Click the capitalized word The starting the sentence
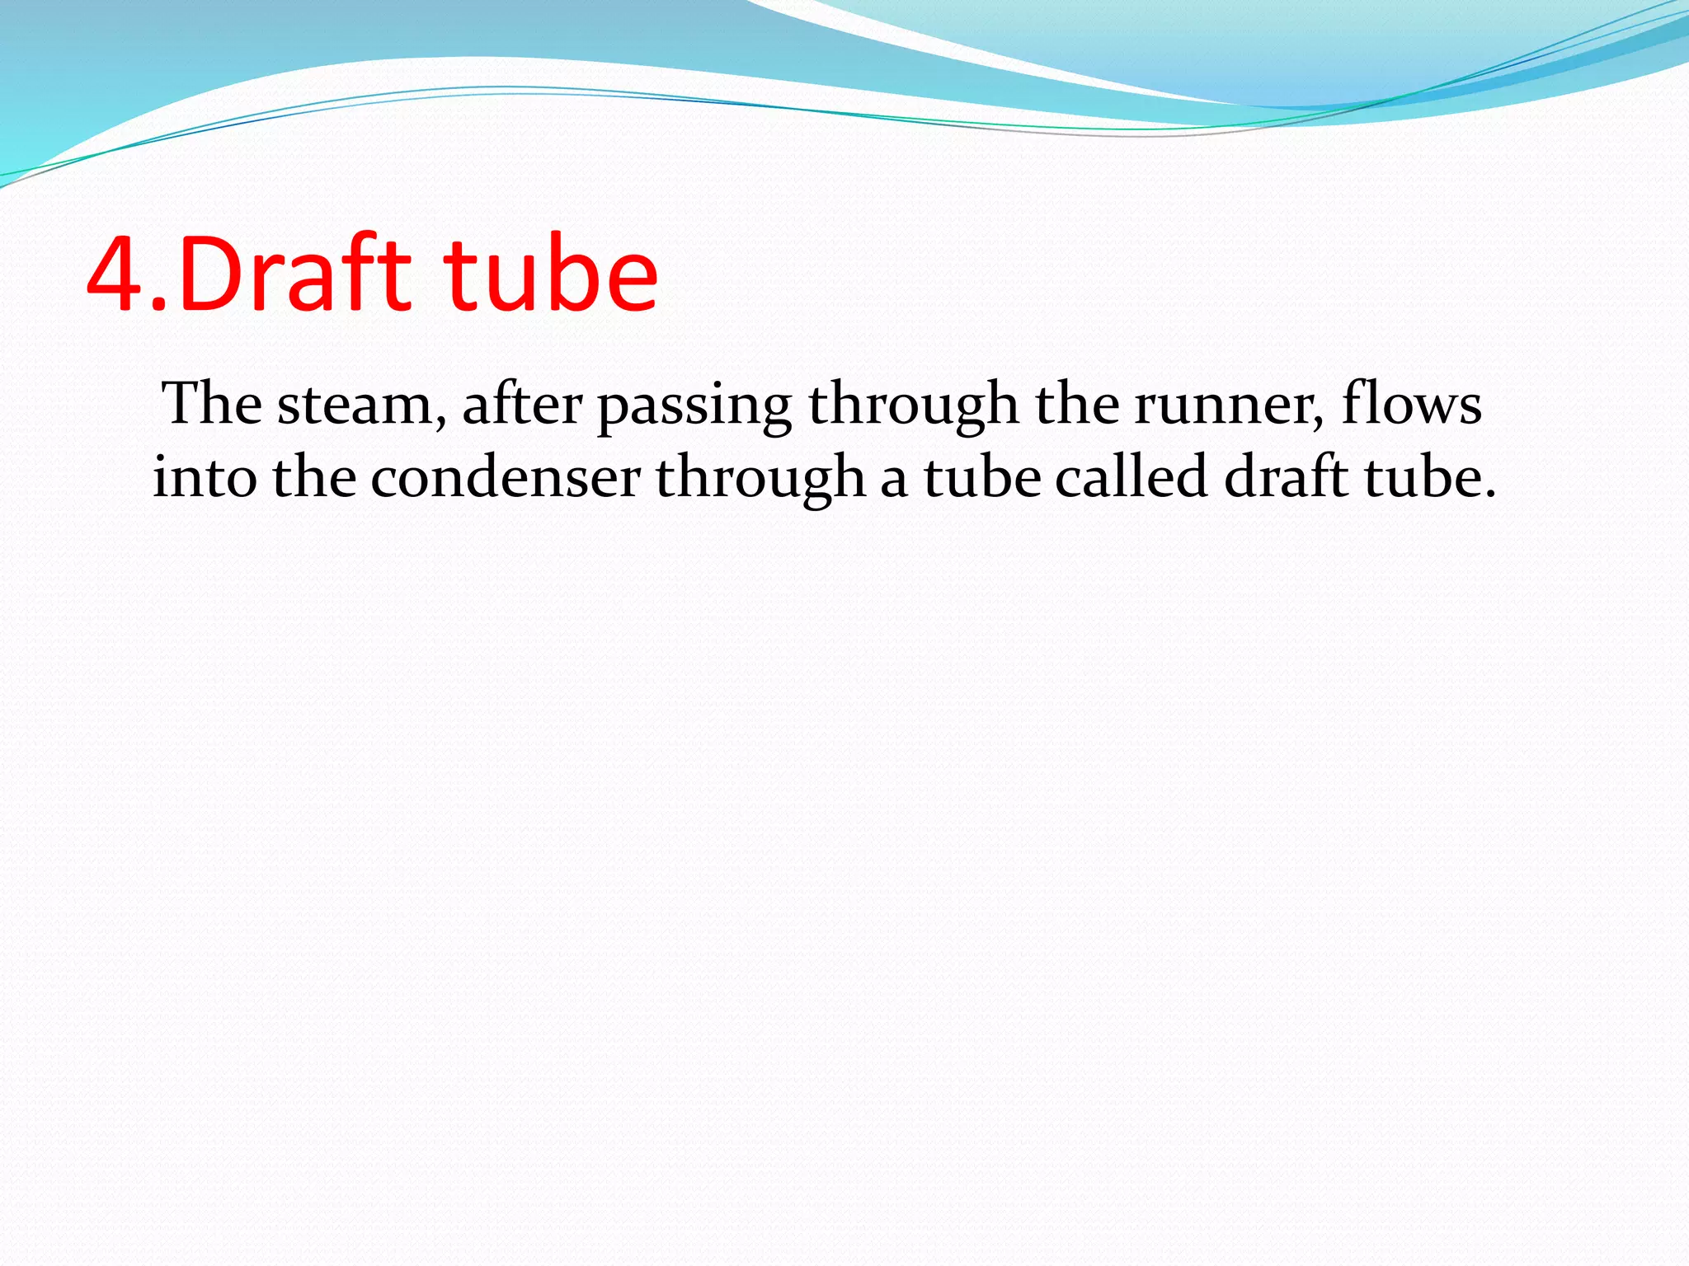coord(213,404)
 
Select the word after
coord(522,404)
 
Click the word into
coord(205,477)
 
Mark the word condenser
coord(505,477)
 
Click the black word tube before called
coord(982,477)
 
